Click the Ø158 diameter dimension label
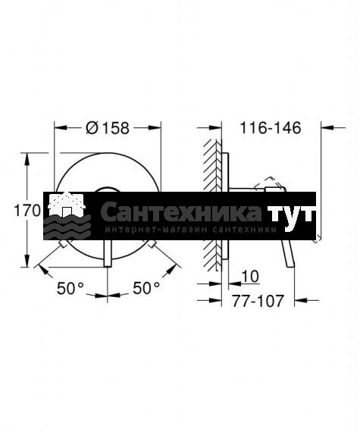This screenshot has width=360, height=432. tap(108, 128)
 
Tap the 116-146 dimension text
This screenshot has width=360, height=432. tap(271, 128)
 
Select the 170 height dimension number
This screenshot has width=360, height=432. tap(27, 211)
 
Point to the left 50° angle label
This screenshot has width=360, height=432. tap(70, 289)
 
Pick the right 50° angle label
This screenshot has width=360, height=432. tap(146, 288)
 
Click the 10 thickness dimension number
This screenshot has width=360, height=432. tap(250, 276)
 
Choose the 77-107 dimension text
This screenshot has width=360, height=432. tap(258, 301)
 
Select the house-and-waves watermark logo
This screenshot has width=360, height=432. tap(67, 216)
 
